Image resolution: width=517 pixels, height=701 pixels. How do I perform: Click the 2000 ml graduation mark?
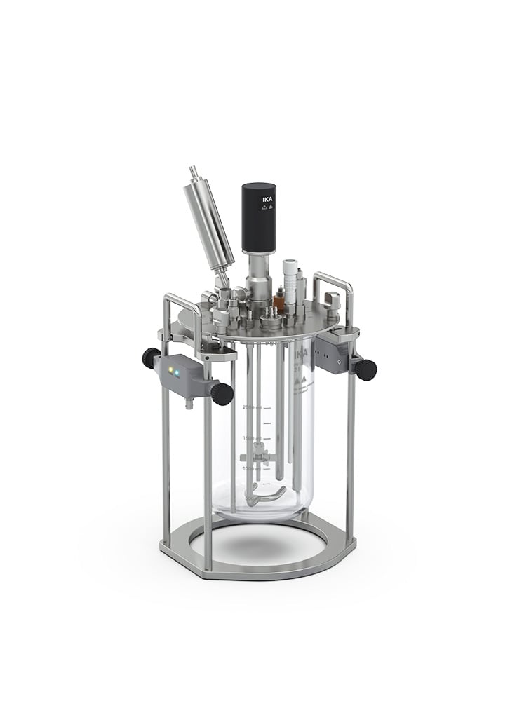[252, 407]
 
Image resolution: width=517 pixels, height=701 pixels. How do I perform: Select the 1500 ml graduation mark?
[252, 438]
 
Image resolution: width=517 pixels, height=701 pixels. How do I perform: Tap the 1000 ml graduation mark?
[252, 468]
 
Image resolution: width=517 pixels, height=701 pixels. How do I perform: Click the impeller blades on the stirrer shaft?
[260, 456]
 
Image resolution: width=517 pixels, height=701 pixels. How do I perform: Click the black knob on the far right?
[365, 369]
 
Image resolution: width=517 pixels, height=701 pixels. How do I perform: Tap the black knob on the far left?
[151, 358]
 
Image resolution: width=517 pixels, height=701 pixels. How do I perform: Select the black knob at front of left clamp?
[222, 394]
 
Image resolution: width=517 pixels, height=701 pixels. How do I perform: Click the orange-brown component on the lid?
[278, 303]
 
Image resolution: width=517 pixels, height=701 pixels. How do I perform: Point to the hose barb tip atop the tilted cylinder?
[193, 170]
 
